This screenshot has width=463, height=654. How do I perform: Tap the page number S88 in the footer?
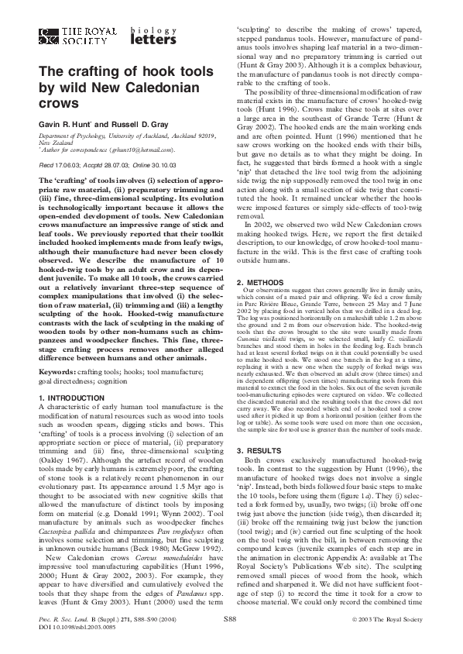point(230,621)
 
